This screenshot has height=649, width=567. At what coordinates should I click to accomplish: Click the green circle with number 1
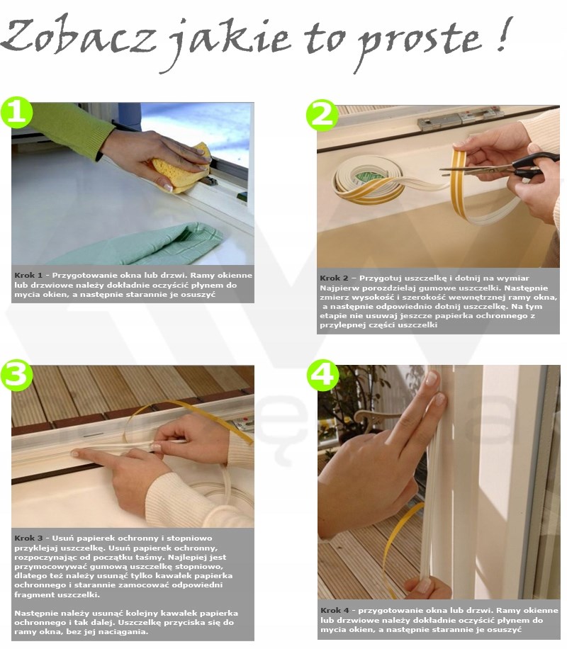pyautogui.click(x=17, y=112)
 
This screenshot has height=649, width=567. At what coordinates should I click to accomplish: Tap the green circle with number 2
pyautogui.click(x=322, y=115)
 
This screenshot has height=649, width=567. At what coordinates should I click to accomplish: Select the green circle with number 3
pyautogui.click(x=16, y=376)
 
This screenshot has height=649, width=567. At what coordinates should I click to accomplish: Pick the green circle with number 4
pyautogui.click(x=322, y=376)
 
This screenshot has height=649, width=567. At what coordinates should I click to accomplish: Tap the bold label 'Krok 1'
pyautogui.click(x=28, y=275)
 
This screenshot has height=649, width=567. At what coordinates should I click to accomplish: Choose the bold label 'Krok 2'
pyautogui.click(x=334, y=278)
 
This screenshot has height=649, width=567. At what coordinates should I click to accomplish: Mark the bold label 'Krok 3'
pyautogui.click(x=28, y=538)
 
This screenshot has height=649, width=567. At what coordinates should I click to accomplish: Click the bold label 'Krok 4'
pyautogui.click(x=335, y=610)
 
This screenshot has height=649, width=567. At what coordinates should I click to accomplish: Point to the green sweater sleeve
pyautogui.click(x=70, y=126)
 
